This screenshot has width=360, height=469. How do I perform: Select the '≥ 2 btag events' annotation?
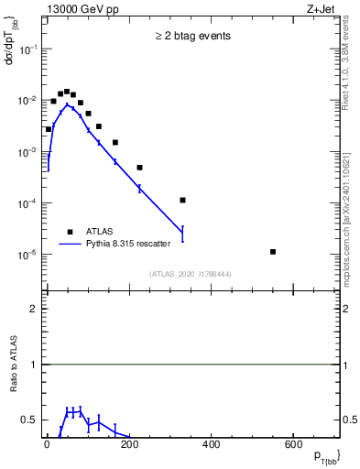(x=192, y=36)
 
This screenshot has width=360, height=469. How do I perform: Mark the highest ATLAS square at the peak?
(x=67, y=92)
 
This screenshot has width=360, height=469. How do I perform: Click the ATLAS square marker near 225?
(x=140, y=168)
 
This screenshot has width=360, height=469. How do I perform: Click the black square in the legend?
(x=71, y=232)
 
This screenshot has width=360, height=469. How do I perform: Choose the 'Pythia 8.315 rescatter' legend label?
(x=136, y=245)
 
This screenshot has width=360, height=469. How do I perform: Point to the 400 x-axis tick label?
(x=210, y=446)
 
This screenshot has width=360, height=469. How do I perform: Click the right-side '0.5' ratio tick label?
(x=349, y=420)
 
